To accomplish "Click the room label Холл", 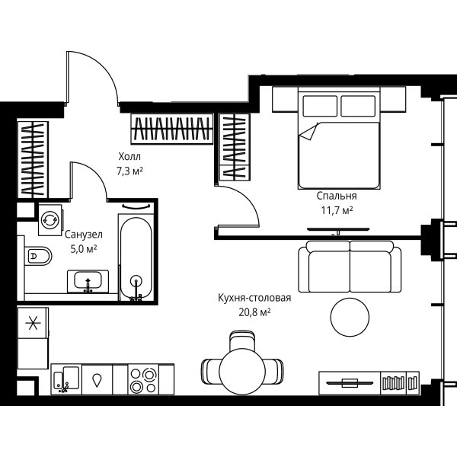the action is [x=129, y=156].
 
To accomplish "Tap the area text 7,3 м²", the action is [x=129, y=171].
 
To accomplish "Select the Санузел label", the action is [x=84, y=235].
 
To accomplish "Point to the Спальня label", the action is [x=337, y=196].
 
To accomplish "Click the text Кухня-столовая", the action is [x=254, y=298].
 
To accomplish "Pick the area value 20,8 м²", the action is [x=254, y=312].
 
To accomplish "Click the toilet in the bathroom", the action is [x=38, y=256].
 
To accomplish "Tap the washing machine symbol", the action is [x=50, y=220].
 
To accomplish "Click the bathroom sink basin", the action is [x=88, y=280].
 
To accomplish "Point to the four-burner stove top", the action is [x=143, y=379].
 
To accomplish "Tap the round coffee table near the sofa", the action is [x=350, y=317].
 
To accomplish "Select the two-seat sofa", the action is [x=350, y=267].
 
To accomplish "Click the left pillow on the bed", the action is [x=320, y=106].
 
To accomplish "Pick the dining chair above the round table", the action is [x=242, y=341].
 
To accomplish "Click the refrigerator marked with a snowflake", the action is [x=33, y=323].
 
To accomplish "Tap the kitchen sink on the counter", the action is [x=67, y=379].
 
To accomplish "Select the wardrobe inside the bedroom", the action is [x=235, y=146].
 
